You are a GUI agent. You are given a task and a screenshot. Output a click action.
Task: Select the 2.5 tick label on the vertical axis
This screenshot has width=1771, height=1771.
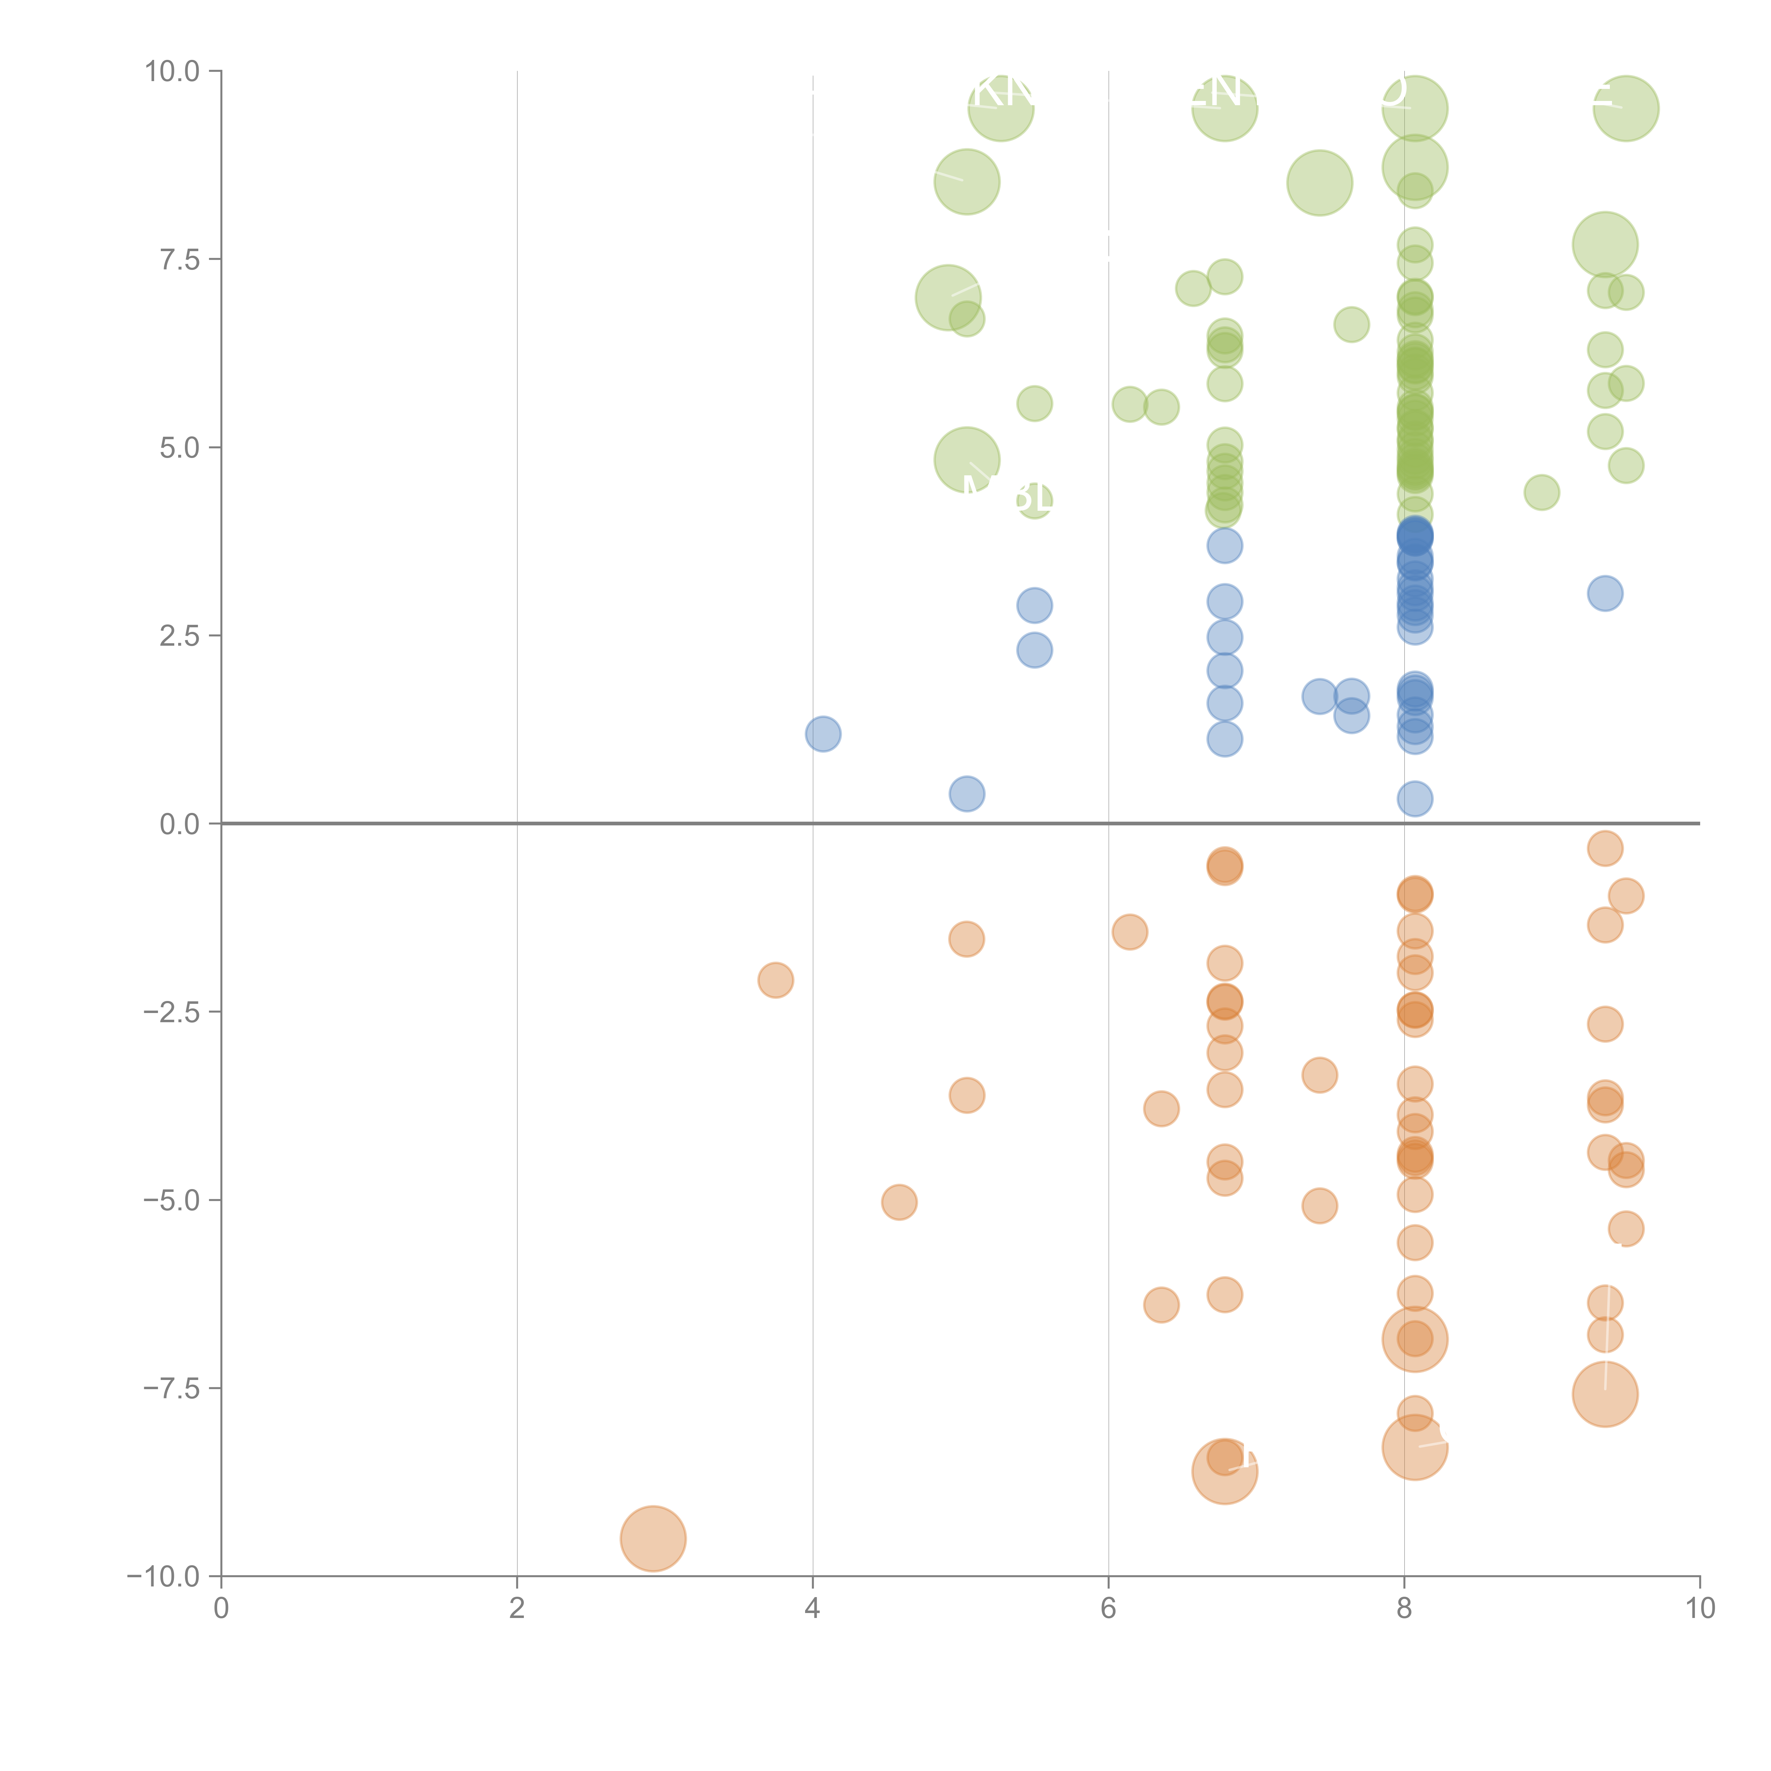point(179,636)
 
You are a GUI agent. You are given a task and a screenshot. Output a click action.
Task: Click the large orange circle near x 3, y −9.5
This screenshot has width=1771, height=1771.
point(653,1539)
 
